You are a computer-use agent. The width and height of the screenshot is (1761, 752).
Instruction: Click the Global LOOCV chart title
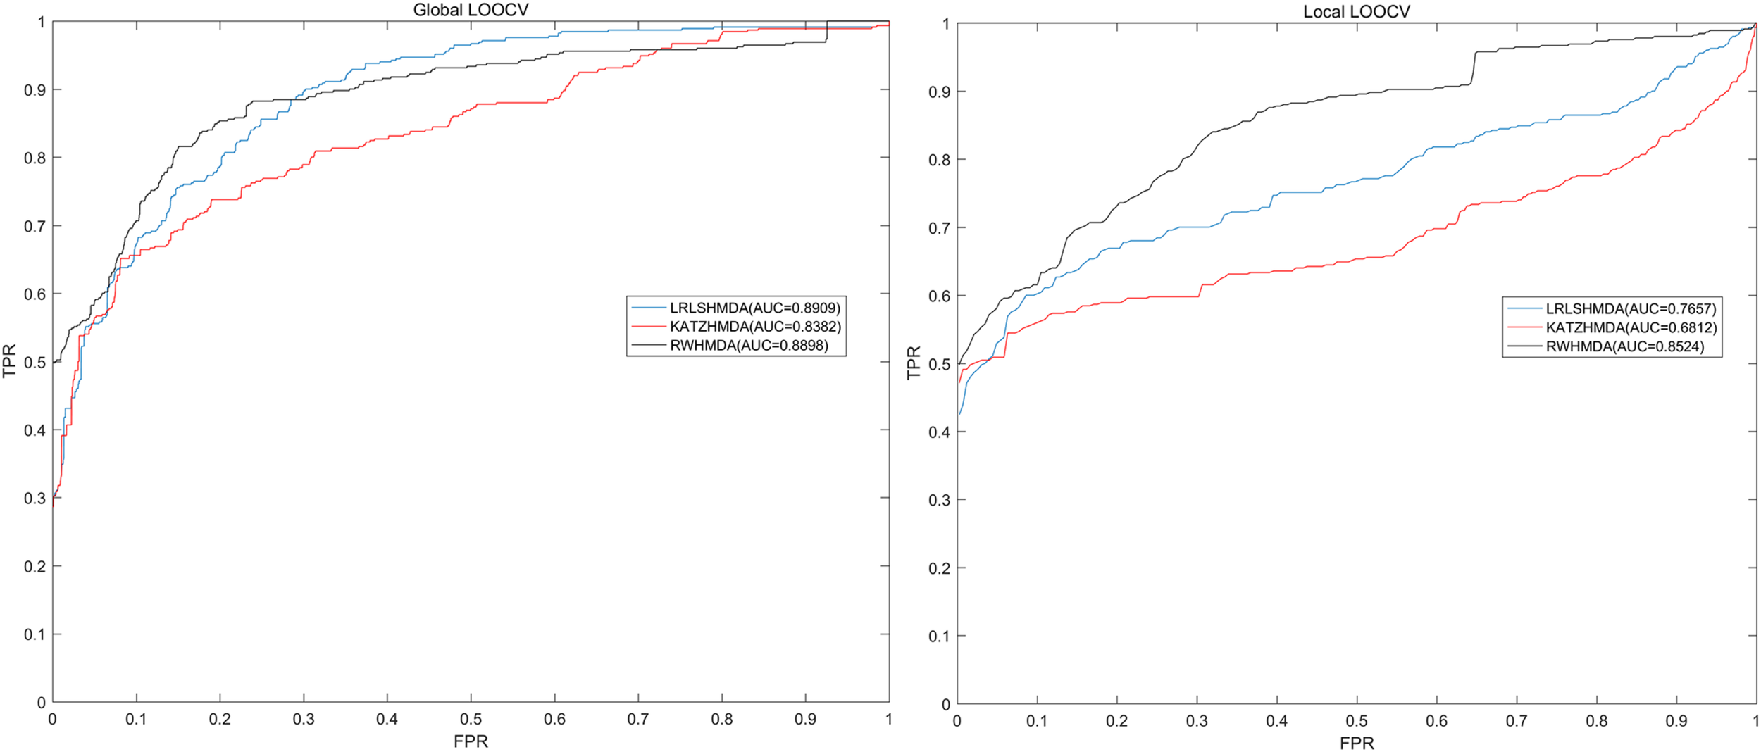click(x=471, y=10)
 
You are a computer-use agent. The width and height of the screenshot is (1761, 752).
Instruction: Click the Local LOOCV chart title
click(x=1356, y=11)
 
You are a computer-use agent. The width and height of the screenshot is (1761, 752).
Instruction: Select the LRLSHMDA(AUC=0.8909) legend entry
click(x=754, y=308)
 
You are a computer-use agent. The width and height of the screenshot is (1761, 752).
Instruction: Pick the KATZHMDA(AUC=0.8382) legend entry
click(x=755, y=327)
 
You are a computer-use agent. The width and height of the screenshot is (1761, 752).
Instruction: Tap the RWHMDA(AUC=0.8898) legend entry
click(x=748, y=346)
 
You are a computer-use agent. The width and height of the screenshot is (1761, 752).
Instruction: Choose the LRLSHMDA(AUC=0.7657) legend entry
click(x=1631, y=308)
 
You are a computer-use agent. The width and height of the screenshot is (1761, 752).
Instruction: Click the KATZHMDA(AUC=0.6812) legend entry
click(x=1631, y=327)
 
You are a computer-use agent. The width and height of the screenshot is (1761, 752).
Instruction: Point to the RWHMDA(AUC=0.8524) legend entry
click(x=1624, y=346)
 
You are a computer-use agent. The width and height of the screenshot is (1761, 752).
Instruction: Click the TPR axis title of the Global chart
click(x=10, y=361)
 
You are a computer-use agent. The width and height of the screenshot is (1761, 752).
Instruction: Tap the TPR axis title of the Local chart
click(x=914, y=363)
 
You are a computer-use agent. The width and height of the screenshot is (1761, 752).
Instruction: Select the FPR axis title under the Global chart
click(x=471, y=741)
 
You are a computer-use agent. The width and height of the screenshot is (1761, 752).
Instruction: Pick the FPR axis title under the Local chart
click(x=1357, y=743)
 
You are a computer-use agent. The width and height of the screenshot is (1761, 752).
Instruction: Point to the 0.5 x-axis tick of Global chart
click(x=471, y=719)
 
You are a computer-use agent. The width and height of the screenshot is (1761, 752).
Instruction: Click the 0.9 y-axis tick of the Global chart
click(x=35, y=90)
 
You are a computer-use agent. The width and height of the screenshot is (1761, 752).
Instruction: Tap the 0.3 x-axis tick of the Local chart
click(x=1197, y=721)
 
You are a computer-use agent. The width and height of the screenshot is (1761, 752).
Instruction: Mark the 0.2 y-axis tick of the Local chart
click(x=939, y=568)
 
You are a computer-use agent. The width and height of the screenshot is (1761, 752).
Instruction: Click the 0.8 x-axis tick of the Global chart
click(x=722, y=719)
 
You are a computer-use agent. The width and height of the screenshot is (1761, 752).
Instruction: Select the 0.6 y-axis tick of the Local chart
click(x=939, y=296)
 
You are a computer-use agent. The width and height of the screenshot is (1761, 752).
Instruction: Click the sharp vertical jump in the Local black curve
click(x=1473, y=68)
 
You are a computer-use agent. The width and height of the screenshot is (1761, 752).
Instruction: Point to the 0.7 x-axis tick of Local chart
click(x=1517, y=721)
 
